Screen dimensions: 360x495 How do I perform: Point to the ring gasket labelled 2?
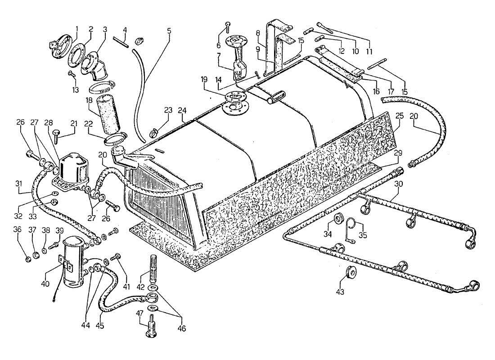(x=77, y=54)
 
